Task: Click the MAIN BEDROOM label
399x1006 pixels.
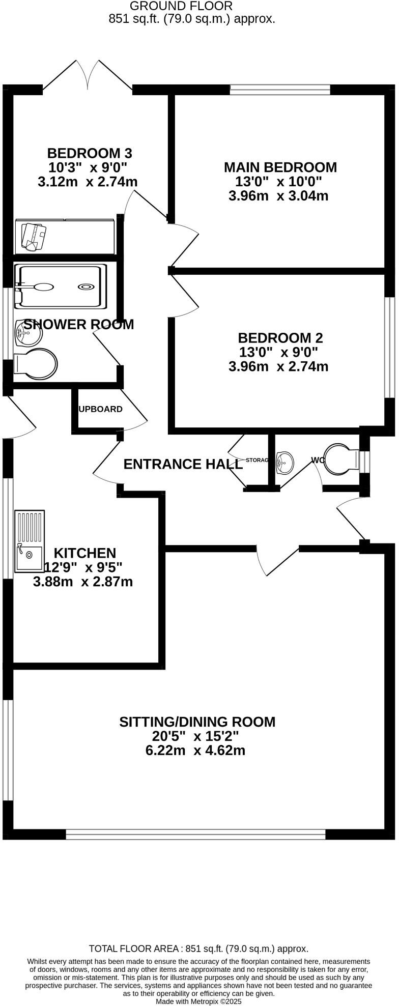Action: (x=280, y=167)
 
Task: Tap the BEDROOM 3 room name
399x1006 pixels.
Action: (x=90, y=153)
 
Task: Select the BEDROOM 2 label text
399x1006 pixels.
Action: (x=280, y=338)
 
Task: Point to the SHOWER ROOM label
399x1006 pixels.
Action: (x=78, y=325)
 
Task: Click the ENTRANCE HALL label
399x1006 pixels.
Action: (x=183, y=464)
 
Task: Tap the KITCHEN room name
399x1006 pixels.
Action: (x=85, y=553)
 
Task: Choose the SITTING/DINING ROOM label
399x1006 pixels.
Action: (x=197, y=722)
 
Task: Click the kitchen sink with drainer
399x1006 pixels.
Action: (x=30, y=541)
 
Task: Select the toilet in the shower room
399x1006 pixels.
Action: (x=36, y=364)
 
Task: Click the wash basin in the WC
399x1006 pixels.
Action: (x=284, y=463)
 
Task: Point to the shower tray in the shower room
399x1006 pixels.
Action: (x=60, y=287)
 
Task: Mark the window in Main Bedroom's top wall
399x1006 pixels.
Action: (x=280, y=90)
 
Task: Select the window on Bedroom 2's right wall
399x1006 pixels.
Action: (x=389, y=347)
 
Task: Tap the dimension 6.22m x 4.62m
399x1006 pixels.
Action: (x=195, y=750)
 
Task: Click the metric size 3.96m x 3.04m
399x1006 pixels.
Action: (x=278, y=196)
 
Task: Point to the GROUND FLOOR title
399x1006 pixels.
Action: (x=181, y=6)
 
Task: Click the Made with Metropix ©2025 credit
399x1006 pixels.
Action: (x=198, y=1001)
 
